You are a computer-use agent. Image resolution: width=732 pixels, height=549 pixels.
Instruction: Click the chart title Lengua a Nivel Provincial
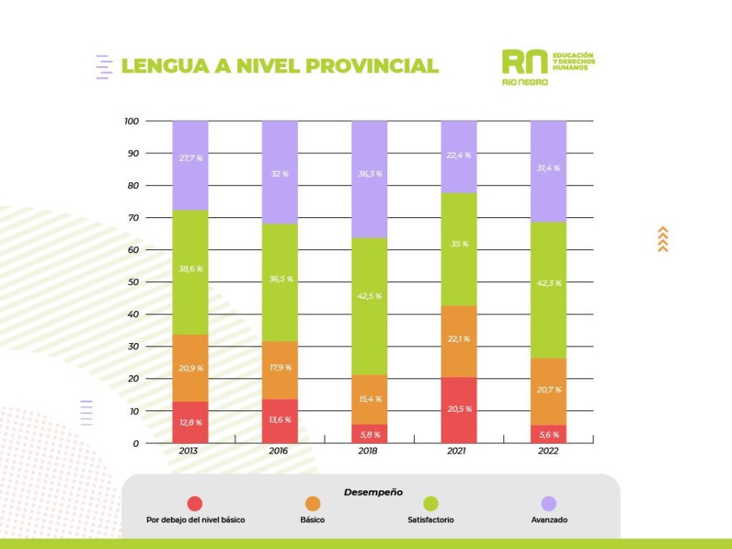(x=280, y=66)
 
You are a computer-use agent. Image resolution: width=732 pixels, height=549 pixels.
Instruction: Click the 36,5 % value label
(x=279, y=279)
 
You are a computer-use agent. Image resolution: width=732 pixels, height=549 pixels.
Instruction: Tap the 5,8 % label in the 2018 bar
(x=369, y=435)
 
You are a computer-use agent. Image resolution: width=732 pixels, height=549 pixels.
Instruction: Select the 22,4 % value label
(x=458, y=156)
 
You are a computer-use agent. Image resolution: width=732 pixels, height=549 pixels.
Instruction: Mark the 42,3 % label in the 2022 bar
(x=548, y=283)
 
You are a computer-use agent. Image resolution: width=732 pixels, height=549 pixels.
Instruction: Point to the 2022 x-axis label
(x=547, y=451)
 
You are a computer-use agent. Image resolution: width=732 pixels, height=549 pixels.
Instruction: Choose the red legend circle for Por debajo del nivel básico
(x=195, y=503)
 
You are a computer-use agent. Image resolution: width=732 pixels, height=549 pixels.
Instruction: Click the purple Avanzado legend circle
(x=549, y=503)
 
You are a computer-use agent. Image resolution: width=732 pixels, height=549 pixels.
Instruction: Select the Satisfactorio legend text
(x=431, y=520)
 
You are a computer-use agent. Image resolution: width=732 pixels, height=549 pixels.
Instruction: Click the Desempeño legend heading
(x=373, y=492)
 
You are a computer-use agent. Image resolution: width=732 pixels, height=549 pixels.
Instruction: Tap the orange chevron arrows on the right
(x=663, y=239)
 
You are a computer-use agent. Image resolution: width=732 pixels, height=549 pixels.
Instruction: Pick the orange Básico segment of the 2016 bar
(x=279, y=370)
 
